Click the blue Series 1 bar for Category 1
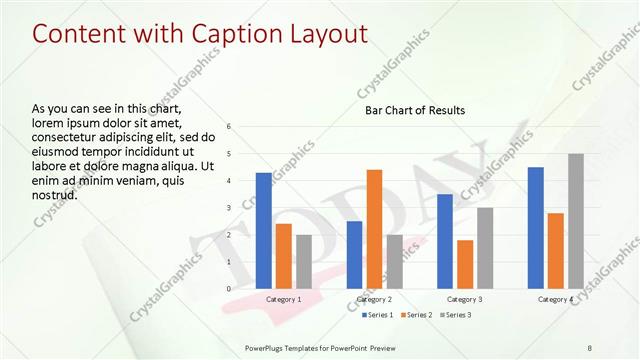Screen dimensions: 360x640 264,230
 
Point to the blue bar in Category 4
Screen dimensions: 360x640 536,227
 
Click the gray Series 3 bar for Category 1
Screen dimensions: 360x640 303,261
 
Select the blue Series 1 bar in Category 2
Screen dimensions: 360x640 355,254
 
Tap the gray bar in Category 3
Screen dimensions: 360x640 484,247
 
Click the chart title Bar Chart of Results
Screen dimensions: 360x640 414,110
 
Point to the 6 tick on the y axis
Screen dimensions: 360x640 229,127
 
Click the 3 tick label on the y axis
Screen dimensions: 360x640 229,208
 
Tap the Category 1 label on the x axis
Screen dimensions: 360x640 283,299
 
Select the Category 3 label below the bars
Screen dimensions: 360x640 464,299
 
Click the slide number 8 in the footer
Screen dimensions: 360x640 590,347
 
